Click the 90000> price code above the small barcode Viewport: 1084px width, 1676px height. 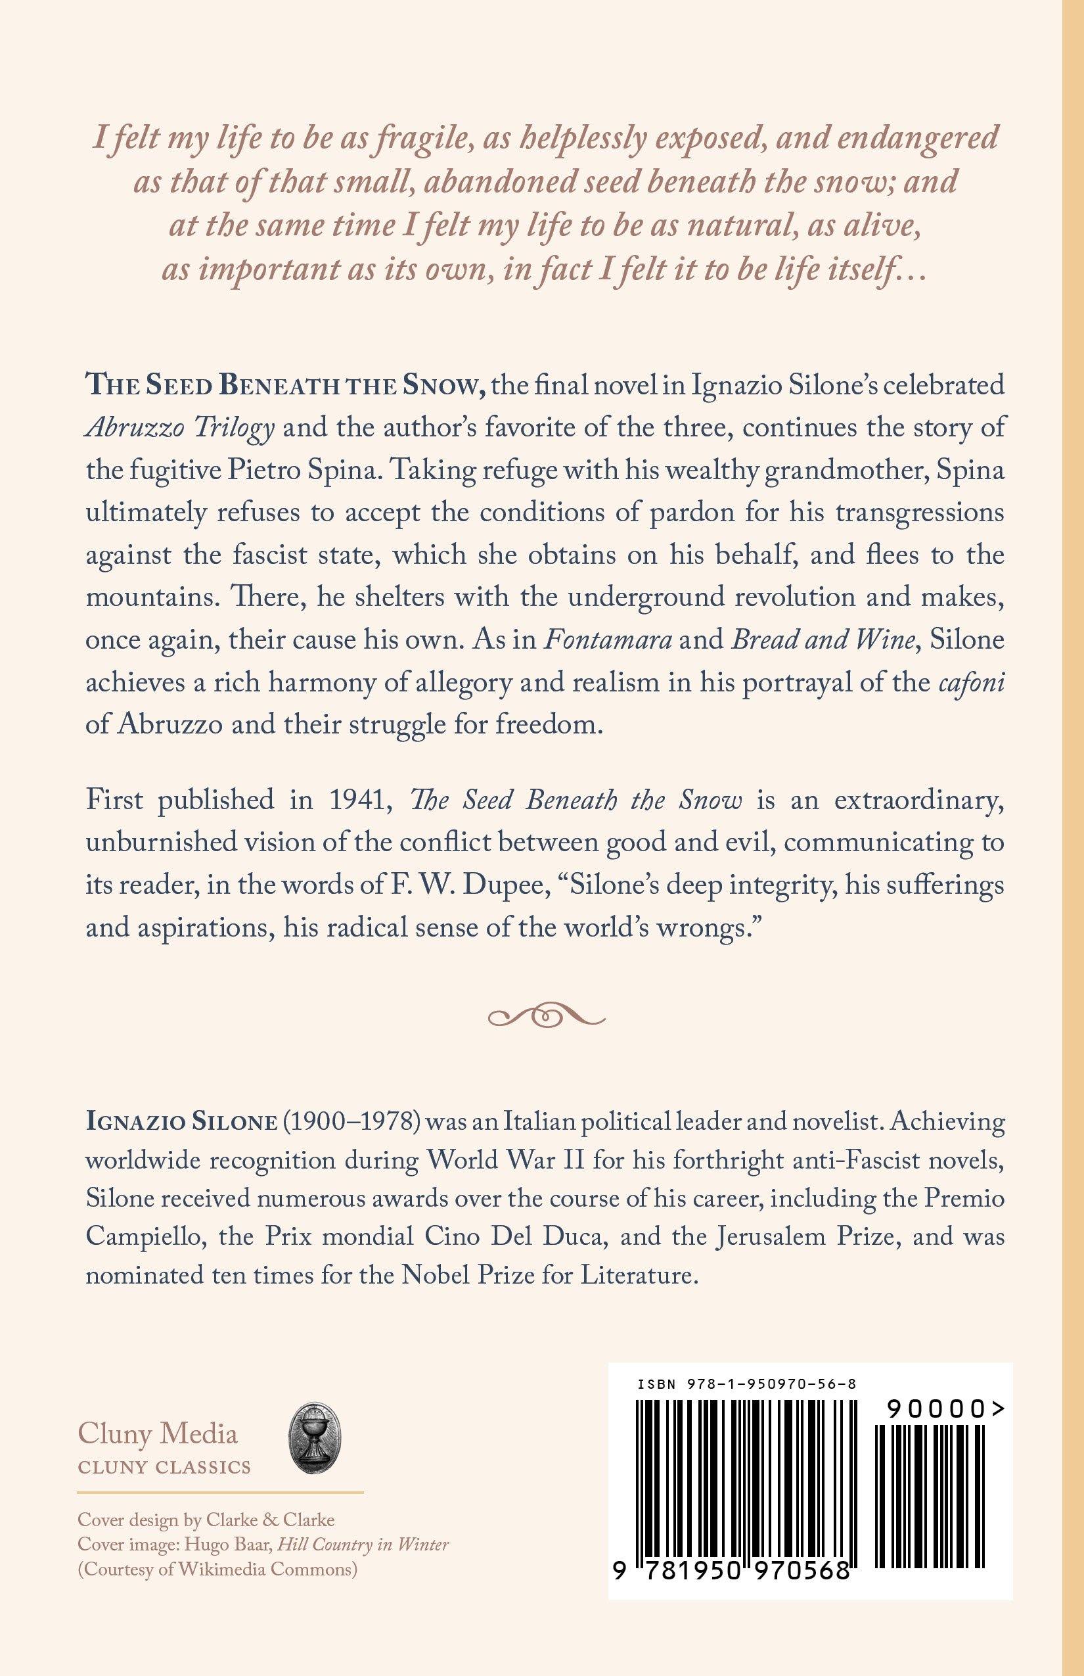(x=945, y=1409)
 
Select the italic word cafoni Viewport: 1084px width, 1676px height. (x=972, y=682)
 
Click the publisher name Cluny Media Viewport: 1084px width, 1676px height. (x=158, y=1433)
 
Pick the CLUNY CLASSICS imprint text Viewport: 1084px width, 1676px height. (x=164, y=1468)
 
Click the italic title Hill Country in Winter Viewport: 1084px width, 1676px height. (x=363, y=1545)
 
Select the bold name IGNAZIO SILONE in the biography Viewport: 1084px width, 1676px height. (x=181, y=1122)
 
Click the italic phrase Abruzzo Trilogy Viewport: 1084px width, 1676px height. (x=179, y=428)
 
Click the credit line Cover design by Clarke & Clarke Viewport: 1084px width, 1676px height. (x=206, y=1519)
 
